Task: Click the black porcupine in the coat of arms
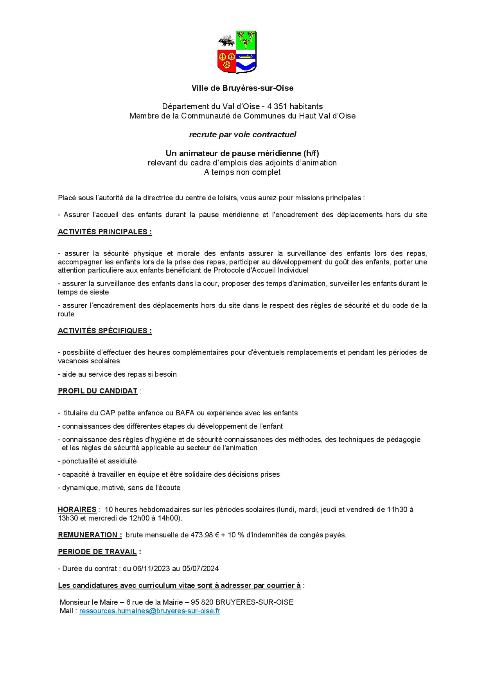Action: coord(226,41)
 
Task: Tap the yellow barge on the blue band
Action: coord(246,56)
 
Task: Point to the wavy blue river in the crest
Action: coord(246,66)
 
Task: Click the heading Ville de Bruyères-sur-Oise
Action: coord(242,88)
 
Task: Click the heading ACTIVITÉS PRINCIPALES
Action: coord(104,232)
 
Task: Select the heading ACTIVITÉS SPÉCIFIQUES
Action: coord(104,330)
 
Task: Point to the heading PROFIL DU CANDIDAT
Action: coord(97,391)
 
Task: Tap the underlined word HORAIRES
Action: coord(77,509)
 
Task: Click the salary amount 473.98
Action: coord(201,535)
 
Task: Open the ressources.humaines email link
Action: coord(149,611)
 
